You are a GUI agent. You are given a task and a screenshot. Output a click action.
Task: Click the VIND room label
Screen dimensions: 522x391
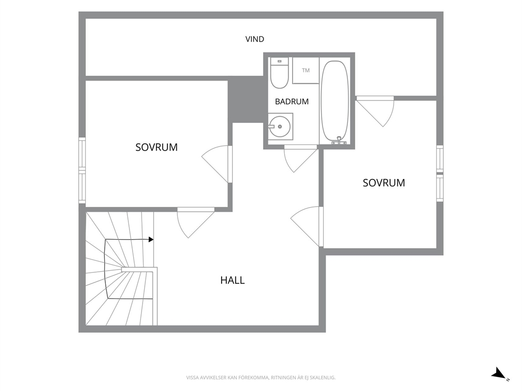(255, 39)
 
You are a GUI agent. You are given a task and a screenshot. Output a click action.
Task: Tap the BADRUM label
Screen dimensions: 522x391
(292, 101)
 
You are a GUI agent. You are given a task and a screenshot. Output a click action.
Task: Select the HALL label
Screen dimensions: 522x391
(233, 280)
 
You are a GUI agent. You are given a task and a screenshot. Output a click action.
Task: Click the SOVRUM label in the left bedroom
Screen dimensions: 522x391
(156, 147)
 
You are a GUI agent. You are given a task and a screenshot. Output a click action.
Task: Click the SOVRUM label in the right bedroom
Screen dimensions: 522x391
(384, 183)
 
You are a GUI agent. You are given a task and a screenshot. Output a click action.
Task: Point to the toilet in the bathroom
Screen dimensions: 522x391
(279, 73)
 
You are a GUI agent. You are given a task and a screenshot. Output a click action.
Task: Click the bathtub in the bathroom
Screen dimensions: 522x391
(335, 101)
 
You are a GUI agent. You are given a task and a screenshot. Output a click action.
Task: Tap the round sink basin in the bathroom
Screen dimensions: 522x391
(279, 126)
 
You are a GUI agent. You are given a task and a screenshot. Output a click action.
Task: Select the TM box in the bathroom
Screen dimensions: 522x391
(306, 70)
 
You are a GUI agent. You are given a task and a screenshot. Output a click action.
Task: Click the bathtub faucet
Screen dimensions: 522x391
(339, 141)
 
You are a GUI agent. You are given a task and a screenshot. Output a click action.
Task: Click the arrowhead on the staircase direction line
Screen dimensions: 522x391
(151, 240)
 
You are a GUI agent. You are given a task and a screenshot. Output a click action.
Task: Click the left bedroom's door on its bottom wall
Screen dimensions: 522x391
(195, 223)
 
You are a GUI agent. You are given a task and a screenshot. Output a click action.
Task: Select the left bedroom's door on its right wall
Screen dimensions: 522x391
(217, 164)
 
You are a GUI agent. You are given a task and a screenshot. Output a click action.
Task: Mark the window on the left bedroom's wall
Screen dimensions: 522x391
(82, 170)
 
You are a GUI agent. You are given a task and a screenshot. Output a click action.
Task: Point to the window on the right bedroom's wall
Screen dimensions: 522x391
(440, 173)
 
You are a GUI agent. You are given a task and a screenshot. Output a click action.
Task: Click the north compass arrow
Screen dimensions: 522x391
(499, 373)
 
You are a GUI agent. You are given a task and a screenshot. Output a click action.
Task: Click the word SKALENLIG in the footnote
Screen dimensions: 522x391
(324, 378)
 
